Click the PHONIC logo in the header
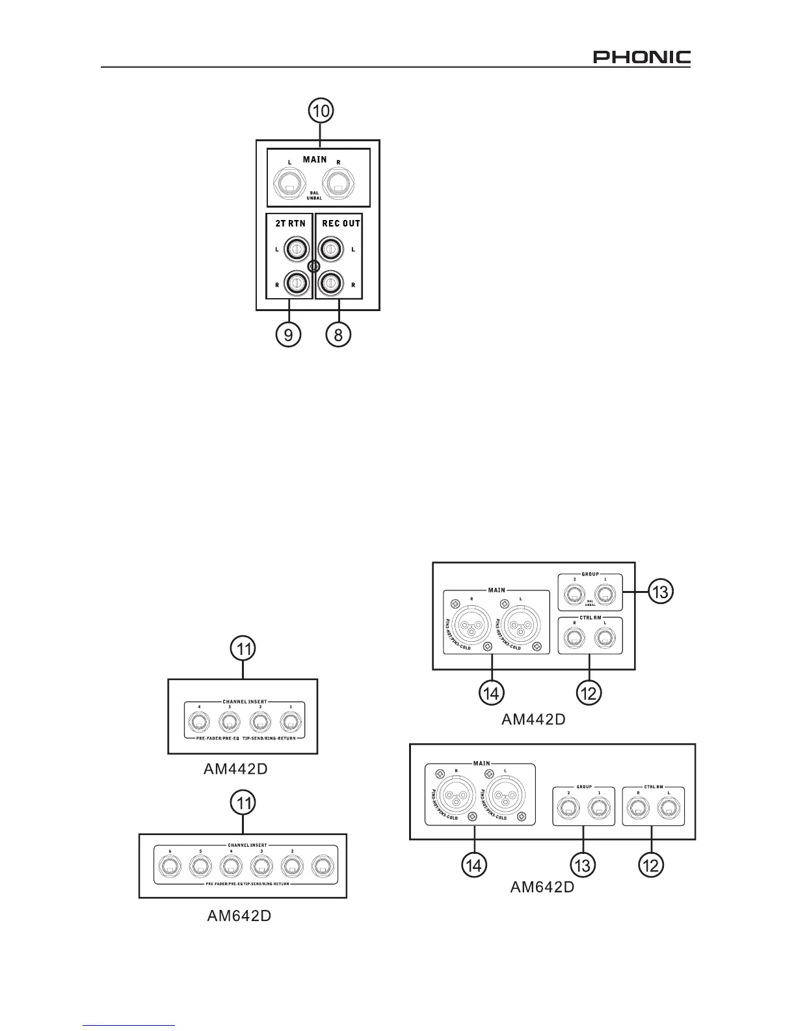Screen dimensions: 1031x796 641,57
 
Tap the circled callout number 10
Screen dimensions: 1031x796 321,111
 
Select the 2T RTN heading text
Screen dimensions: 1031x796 289,223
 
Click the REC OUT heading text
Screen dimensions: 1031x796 341,223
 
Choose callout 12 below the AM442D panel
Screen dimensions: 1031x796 589,694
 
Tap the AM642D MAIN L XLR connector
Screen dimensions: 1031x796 502,794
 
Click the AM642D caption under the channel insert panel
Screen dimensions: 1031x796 239,915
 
